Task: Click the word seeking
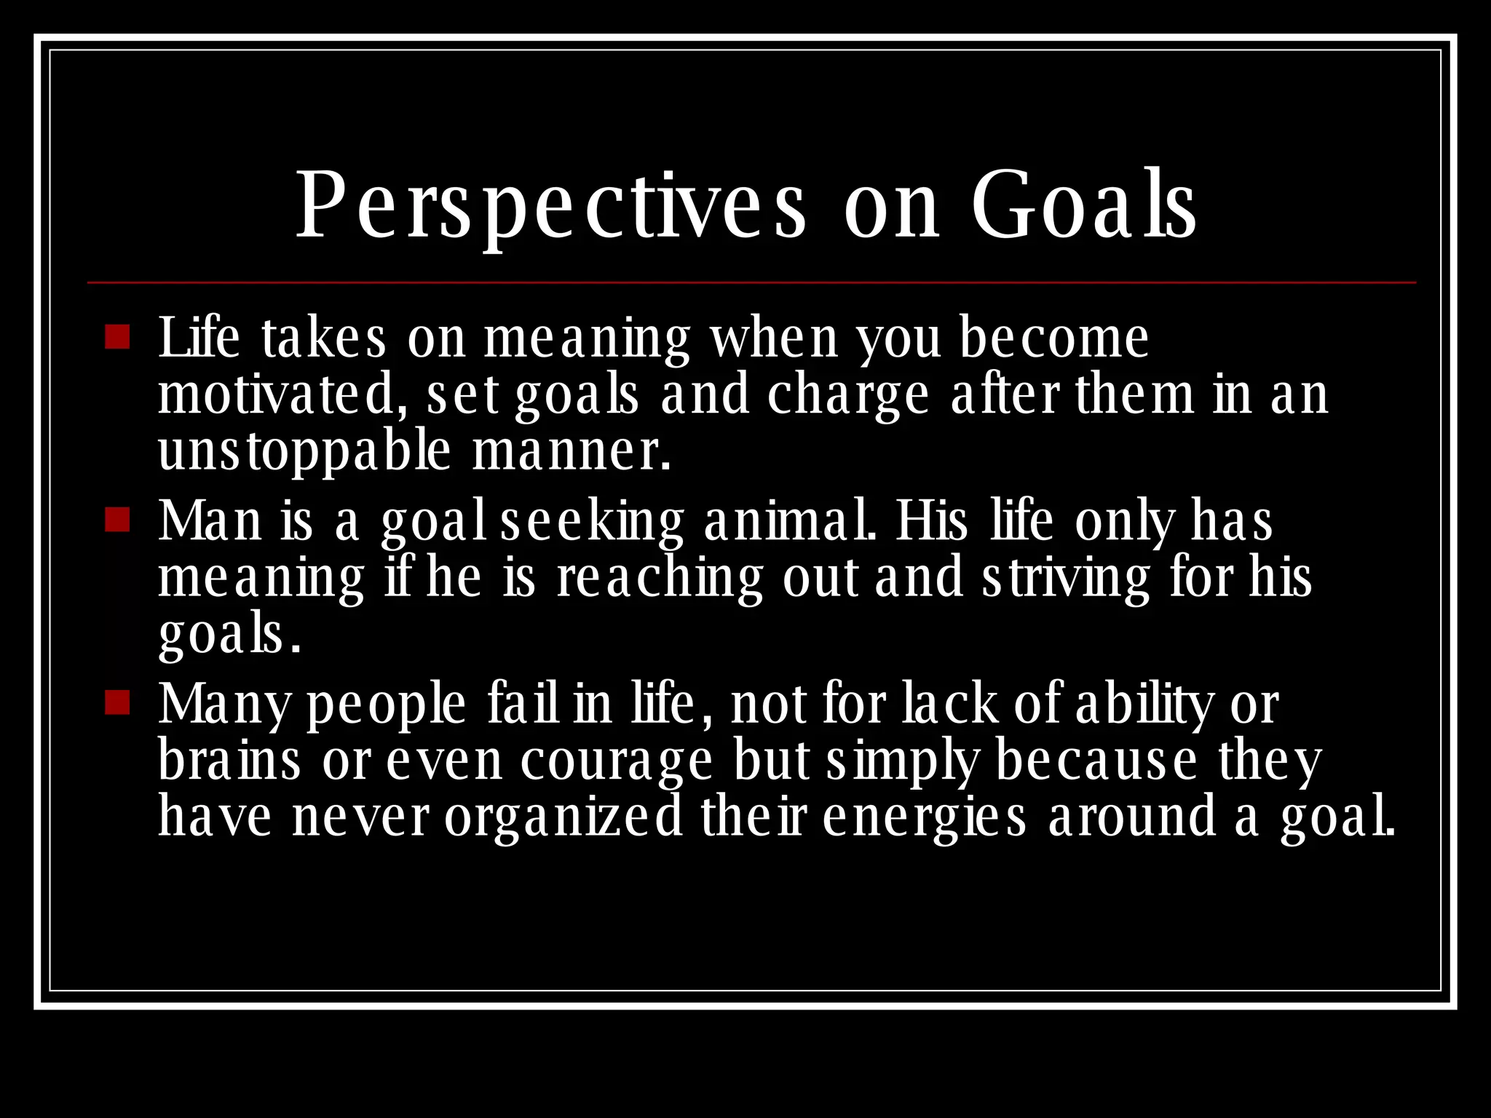(593, 523)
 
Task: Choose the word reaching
(660, 579)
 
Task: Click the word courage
(617, 762)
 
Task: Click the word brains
(229, 761)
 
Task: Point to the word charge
(848, 396)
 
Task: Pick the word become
(1053, 338)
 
